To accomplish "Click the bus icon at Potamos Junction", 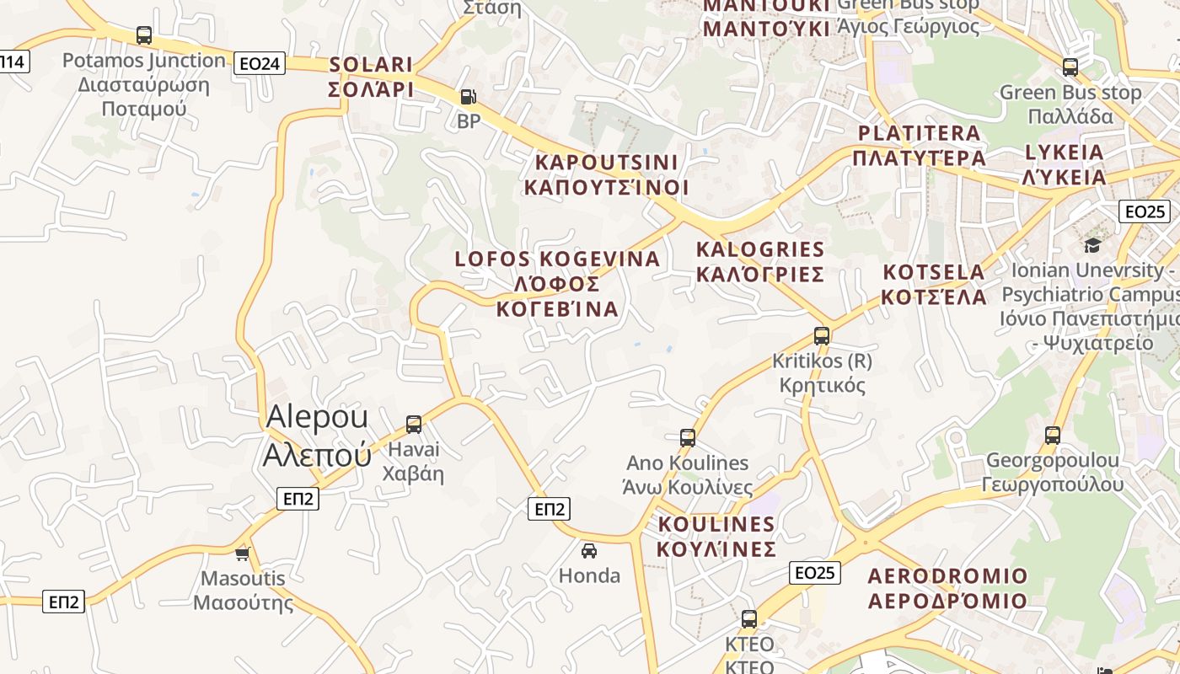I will point(144,35).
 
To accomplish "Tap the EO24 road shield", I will point(260,63).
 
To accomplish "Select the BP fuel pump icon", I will point(468,97).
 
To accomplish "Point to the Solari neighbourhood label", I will point(371,77).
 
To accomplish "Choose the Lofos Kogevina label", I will point(557,283).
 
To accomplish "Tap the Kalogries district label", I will point(760,261).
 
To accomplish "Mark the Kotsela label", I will point(934,285).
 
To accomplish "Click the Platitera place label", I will point(919,146).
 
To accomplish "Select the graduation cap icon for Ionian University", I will point(1092,245).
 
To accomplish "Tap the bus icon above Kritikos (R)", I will point(822,335).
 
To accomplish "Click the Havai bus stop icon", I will point(413,424).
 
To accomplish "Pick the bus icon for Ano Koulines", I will point(688,437).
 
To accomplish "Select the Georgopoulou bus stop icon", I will point(1053,435).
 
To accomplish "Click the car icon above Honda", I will point(589,551).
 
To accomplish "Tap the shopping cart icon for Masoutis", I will point(243,554).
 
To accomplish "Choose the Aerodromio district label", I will point(947,588).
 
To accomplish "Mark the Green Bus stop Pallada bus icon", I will point(1070,67).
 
